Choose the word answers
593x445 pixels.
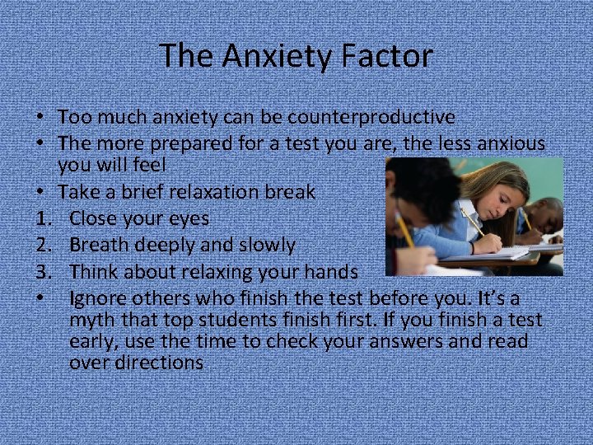[x=412, y=341]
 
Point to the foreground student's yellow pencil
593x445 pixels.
[x=404, y=230]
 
